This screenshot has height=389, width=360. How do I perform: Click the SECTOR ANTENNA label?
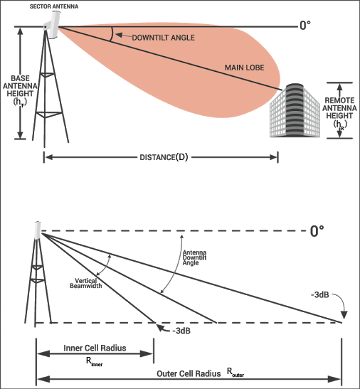[x=54, y=6]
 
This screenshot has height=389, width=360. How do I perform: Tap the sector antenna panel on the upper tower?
[x=54, y=25]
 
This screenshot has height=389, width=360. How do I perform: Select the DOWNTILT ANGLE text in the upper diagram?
[x=163, y=38]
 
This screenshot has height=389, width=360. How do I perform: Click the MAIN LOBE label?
[x=244, y=68]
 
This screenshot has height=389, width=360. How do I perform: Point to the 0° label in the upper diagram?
[x=305, y=26]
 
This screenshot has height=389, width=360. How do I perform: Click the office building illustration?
[x=295, y=110]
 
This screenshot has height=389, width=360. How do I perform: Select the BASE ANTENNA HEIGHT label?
[x=20, y=90]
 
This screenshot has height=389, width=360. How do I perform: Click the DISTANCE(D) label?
[x=164, y=157]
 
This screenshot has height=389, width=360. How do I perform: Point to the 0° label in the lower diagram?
[x=317, y=231]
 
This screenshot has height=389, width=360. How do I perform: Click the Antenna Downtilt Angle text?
[x=194, y=257]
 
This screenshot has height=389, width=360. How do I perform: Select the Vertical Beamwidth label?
[x=86, y=283]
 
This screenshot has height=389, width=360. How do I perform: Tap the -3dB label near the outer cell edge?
[x=319, y=294]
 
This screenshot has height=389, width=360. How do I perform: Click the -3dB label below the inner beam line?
[x=181, y=331]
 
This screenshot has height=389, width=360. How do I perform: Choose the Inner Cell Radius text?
[x=95, y=348]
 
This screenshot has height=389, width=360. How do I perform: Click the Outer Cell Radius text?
[x=189, y=373]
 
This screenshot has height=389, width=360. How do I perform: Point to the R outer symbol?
[x=235, y=373]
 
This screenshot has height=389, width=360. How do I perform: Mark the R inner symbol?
[x=94, y=362]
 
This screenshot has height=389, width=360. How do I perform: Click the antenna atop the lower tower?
[x=38, y=230]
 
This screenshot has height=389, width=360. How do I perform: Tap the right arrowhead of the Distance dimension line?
[x=273, y=157]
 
